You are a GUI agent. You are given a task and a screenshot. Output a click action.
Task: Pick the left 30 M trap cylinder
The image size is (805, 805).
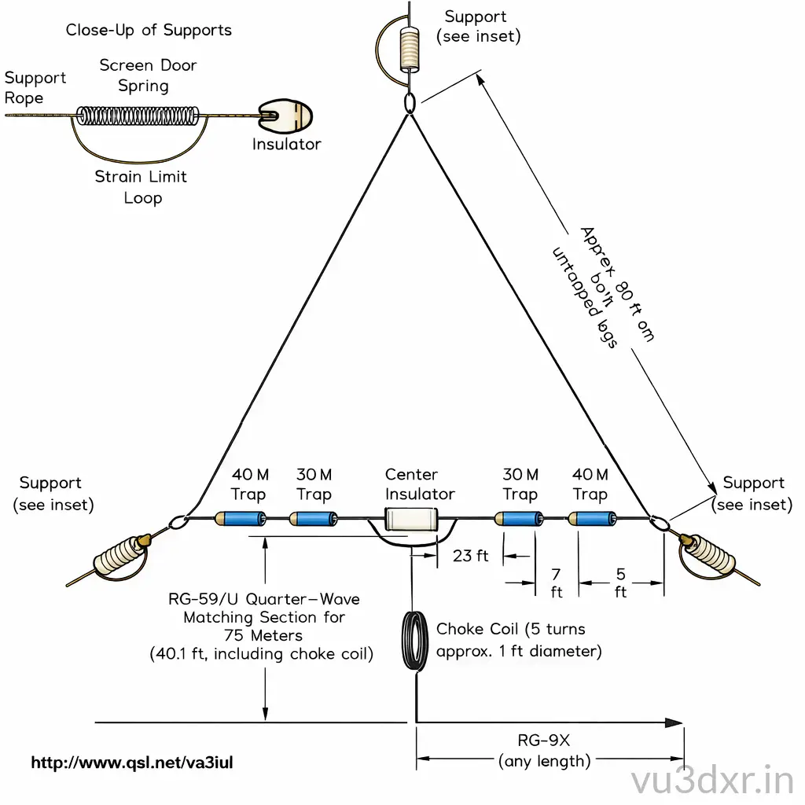click(314, 518)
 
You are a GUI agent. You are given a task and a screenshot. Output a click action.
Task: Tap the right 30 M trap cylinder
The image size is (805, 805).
click(519, 518)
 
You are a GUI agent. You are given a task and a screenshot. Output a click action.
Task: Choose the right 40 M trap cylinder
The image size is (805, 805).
click(593, 518)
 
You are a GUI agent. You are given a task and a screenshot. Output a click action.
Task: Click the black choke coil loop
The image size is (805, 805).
click(415, 641)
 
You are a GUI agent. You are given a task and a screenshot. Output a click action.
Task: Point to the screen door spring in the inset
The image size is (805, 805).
click(139, 116)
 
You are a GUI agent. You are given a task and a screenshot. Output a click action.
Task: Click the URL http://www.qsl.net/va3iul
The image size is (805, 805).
click(132, 762)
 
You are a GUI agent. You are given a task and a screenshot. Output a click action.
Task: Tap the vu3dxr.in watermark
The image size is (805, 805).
click(712, 781)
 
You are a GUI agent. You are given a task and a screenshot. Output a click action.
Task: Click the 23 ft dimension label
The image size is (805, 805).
click(471, 556)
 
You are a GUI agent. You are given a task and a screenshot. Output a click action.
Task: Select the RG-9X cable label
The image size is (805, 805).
click(543, 741)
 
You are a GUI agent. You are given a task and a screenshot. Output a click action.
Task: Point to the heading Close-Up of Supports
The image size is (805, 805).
click(149, 31)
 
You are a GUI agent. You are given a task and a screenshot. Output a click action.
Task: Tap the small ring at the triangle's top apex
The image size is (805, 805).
click(410, 103)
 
